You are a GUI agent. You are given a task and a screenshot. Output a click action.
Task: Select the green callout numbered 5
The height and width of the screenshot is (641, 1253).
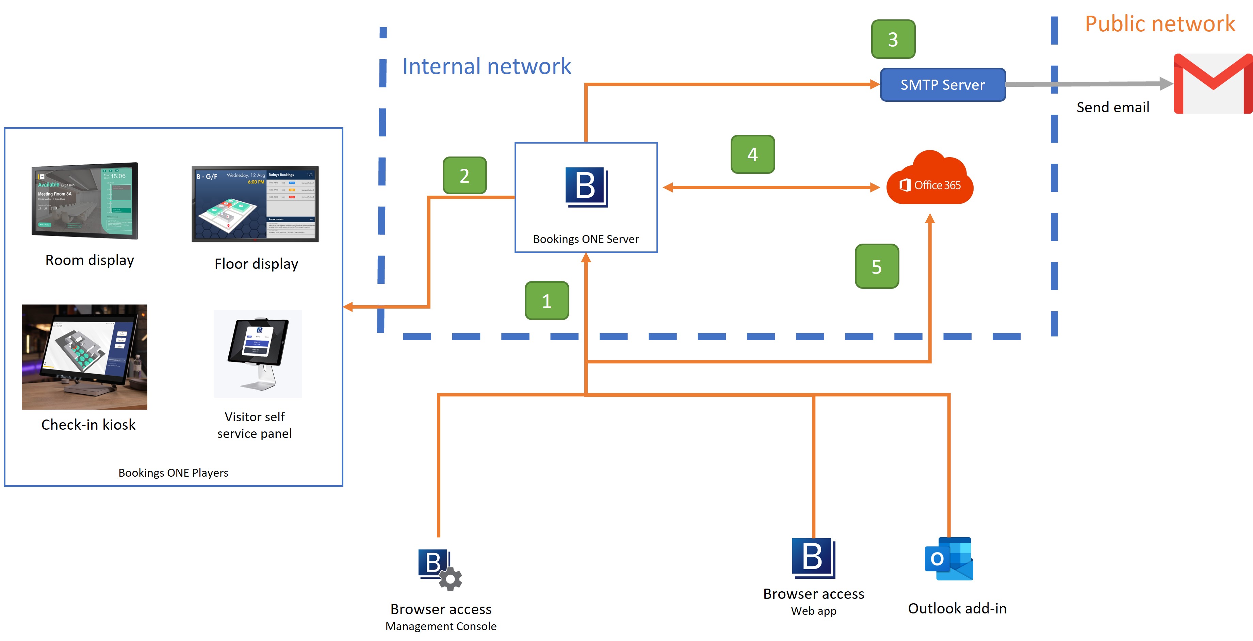point(877,266)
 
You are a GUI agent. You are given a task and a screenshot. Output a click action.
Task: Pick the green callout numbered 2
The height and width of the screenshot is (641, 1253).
point(465,176)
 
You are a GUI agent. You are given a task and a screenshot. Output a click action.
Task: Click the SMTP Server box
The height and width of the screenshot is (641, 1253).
point(942,85)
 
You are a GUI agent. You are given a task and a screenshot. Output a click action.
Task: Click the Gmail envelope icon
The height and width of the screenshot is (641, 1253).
point(1213,84)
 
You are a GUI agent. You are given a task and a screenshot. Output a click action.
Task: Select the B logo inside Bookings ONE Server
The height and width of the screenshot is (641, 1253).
point(586,187)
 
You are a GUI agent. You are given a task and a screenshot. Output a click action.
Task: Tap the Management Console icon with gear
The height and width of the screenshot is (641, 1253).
point(439,569)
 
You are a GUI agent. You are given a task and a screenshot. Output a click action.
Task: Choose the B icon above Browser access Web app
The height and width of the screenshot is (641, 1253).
point(813,558)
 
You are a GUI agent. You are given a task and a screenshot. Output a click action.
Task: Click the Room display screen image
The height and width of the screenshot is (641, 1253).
point(85,200)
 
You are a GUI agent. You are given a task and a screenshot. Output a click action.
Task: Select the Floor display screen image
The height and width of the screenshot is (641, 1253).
point(255,204)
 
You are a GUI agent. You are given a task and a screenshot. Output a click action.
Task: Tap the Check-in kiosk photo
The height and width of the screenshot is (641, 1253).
point(85,357)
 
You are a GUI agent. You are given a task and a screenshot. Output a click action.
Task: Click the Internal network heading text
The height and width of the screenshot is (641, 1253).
point(486,66)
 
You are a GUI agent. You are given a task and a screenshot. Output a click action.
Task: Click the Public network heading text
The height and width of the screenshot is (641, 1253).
point(1160,24)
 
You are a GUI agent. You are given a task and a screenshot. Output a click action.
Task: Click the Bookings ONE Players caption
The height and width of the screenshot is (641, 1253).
point(173,473)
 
